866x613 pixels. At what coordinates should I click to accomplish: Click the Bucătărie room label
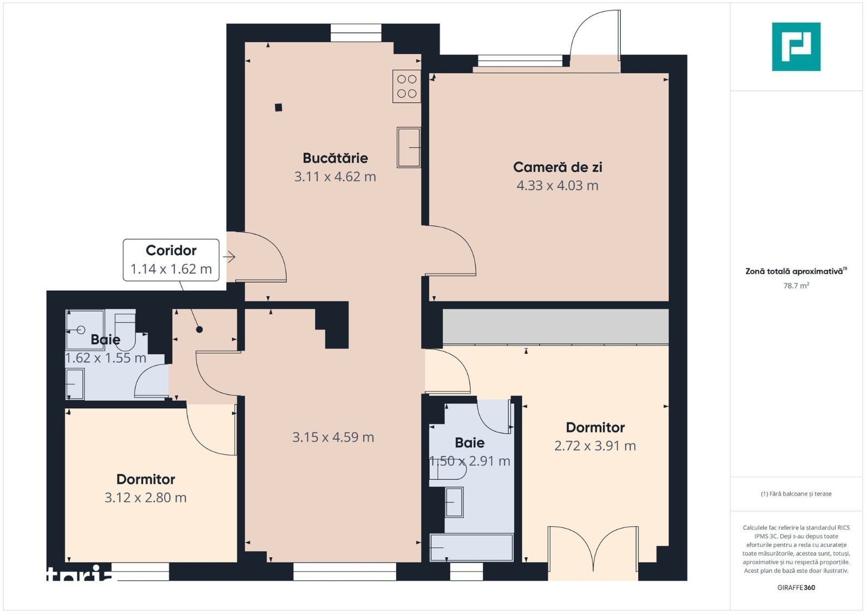pyautogui.click(x=335, y=158)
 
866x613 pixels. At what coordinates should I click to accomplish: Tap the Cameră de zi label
pyautogui.click(x=557, y=167)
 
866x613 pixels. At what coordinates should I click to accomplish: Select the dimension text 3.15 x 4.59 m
pyautogui.click(x=333, y=437)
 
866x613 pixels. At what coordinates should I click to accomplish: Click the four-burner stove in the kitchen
pyautogui.click(x=406, y=86)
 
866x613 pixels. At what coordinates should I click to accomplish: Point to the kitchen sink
pyautogui.click(x=409, y=147)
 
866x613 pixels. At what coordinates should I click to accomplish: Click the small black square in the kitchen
pyautogui.click(x=278, y=108)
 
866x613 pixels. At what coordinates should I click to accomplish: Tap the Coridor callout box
pyautogui.click(x=171, y=260)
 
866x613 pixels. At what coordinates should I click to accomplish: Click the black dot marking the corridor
pyautogui.click(x=199, y=329)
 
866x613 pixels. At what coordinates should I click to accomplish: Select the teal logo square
pyautogui.click(x=796, y=47)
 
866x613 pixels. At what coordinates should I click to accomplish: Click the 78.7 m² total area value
pyautogui.click(x=796, y=286)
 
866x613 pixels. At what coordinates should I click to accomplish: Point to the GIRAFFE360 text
pyautogui.click(x=796, y=588)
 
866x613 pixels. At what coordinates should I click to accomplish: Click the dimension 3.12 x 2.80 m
pyautogui.click(x=146, y=497)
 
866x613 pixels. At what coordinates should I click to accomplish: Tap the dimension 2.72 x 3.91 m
pyautogui.click(x=595, y=446)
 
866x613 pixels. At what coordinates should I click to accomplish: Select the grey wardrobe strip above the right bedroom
pyautogui.click(x=555, y=326)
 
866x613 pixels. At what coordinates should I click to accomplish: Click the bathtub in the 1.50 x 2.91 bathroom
pyautogui.click(x=471, y=547)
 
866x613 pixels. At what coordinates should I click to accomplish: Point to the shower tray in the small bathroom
pyautogui.click(x=85, y=329)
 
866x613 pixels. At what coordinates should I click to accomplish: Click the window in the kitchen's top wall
pyautogui.click(x=356, y=33)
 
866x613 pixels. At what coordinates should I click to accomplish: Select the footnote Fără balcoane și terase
pyautogui.click(x=796, y=494)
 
